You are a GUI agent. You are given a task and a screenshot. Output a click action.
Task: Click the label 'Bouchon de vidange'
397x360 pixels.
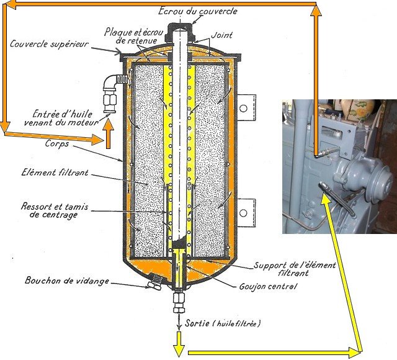pyautogui.click(x=66, y=281)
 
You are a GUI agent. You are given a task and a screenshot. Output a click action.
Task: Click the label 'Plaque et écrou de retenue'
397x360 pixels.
pyautogui.click(x=134, y=36)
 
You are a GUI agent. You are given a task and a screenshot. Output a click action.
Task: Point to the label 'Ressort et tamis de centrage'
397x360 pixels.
pyautogui.click(x=49, y=210)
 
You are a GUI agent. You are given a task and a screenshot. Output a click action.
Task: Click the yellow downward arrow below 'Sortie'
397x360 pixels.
pyautogui.click(x=178, y=341)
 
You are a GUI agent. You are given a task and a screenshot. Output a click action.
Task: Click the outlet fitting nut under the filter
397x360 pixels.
pyautogui.click(x=179, y=307)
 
